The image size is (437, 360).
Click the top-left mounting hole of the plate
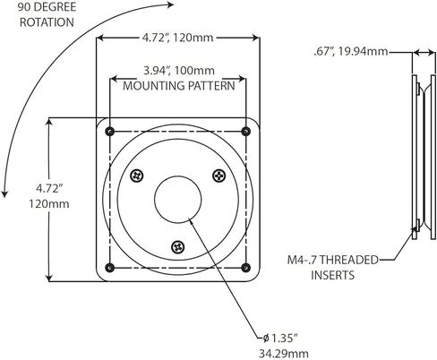[110, 131]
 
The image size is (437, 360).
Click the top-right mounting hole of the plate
[245, 131]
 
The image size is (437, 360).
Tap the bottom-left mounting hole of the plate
[110, 268]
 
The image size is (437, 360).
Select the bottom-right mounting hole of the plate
[245, 268]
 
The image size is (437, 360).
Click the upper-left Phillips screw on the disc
[137, 176]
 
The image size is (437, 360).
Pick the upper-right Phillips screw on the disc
[219, 176]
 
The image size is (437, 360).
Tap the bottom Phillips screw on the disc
[178, 247]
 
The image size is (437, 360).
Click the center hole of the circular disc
[178, 200]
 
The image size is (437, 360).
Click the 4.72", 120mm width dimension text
[177, 38]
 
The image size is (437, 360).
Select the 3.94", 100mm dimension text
[179, 71]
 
